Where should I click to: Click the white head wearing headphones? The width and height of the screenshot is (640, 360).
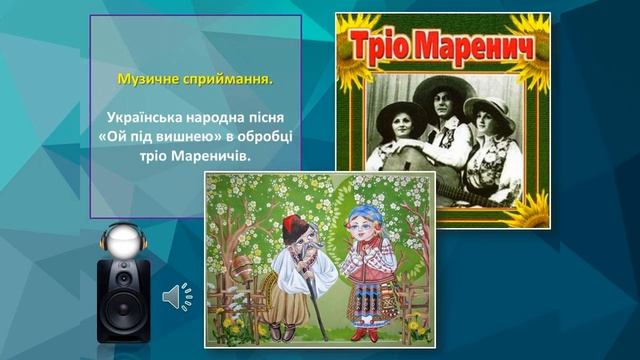point(125,240)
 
